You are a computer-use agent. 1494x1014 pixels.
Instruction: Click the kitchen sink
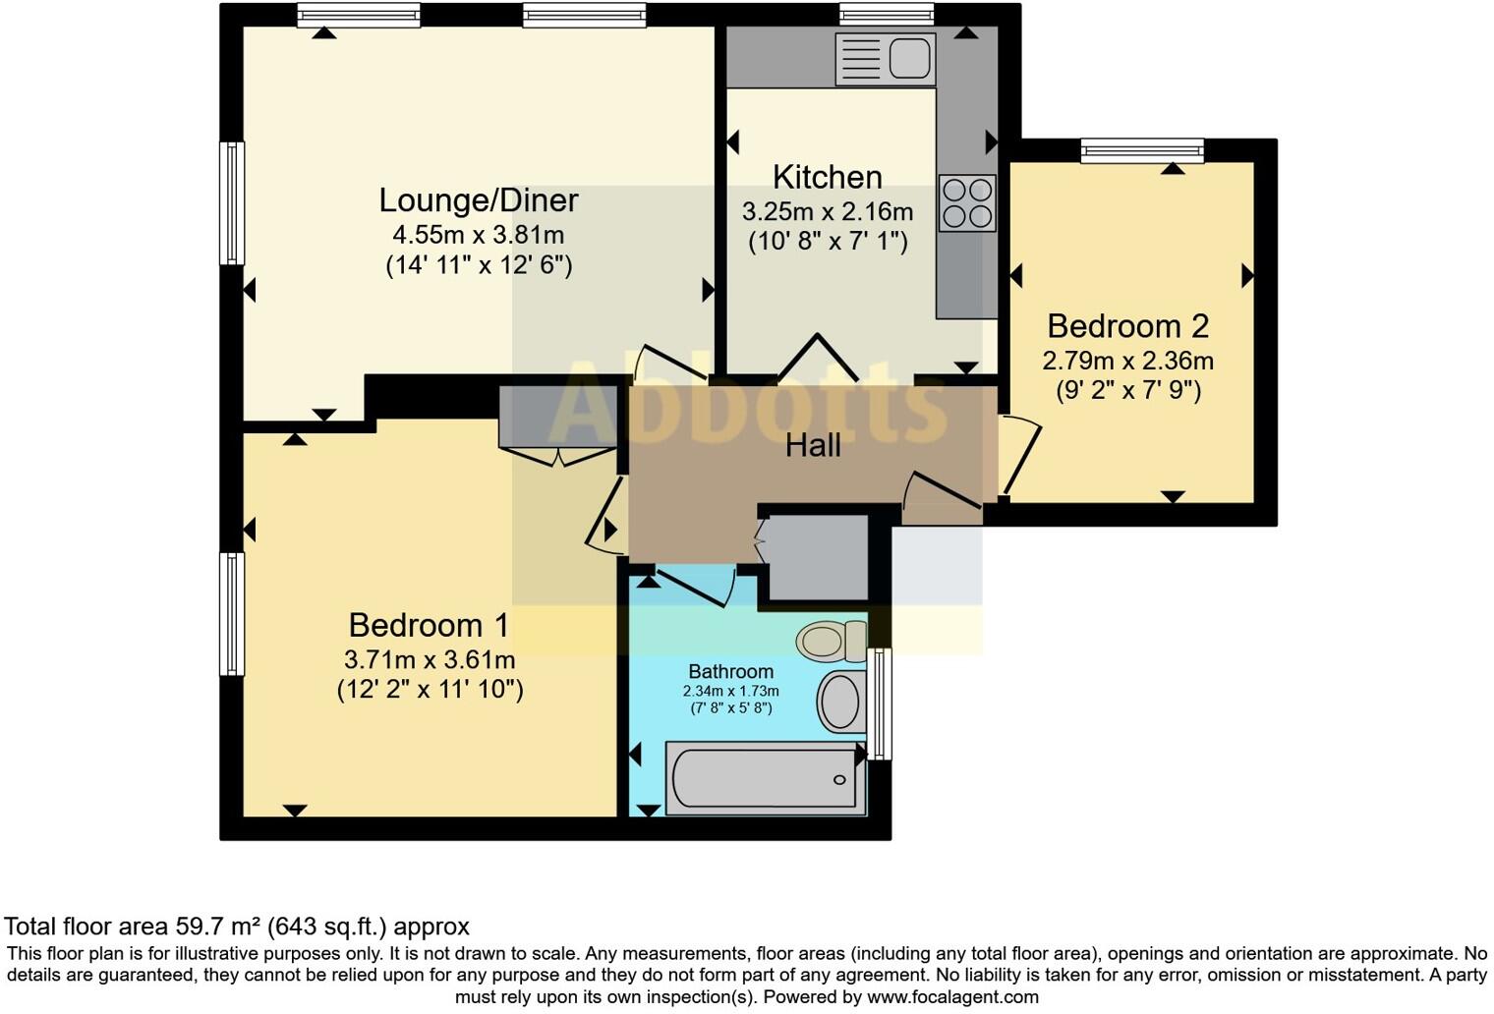pos(885,58)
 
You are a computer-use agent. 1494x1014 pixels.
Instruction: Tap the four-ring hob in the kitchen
pos(967,203)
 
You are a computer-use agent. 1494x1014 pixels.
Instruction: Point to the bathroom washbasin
pos(839,702)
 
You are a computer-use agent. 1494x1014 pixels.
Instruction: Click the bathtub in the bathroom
pos(765,778)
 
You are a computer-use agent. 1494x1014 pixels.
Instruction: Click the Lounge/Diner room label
pos(479,200)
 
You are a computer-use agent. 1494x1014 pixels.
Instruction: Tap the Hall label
pos(813,446)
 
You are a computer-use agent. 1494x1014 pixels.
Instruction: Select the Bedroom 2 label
pos(1127,326)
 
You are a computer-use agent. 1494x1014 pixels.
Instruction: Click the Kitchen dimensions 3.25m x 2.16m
pos(827,212)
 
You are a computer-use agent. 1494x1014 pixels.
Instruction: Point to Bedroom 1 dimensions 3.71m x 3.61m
pos(430,659)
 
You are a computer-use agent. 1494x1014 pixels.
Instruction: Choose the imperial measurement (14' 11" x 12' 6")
pos(479,265)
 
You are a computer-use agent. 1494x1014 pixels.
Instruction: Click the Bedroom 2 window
pos(1142,150)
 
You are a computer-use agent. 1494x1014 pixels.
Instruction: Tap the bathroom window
pos(881,704)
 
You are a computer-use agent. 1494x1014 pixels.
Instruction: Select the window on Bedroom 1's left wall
pos(231,613)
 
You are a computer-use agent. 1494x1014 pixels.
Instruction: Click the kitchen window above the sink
pos(886,14)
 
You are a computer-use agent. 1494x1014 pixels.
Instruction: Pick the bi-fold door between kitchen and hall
pos(817,359)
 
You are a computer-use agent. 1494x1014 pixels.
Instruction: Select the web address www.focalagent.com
pos(951,996)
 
